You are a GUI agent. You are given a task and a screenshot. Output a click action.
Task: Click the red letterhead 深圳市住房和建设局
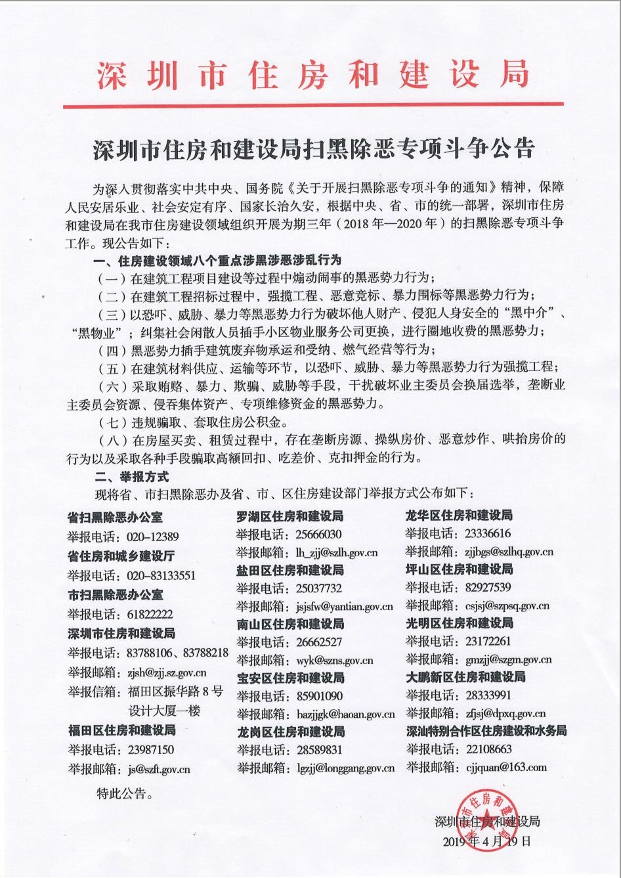313,74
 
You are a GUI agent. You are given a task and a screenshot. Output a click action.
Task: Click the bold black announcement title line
313,148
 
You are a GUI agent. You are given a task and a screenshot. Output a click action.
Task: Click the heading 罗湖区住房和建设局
289,517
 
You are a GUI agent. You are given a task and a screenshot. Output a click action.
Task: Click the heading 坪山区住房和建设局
459,569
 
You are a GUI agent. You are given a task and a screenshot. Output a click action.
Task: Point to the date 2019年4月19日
486,841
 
